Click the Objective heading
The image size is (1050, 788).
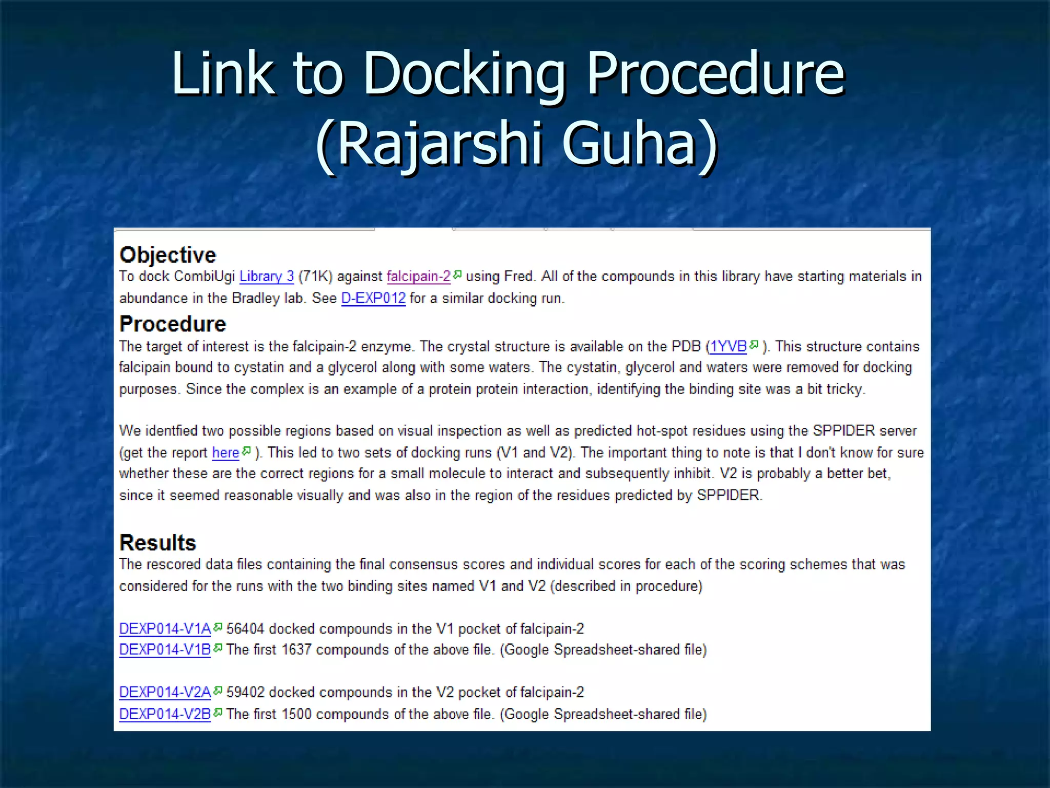168,255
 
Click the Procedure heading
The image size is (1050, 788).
172,324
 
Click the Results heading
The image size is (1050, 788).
157,543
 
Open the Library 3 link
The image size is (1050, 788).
267,277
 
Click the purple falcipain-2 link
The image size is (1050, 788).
418,277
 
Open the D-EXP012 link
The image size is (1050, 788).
373,298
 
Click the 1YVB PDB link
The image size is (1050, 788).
728,347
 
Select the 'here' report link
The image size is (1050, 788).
226,452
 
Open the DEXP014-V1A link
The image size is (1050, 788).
165,628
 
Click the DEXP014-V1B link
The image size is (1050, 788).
165,649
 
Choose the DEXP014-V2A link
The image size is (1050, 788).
165,693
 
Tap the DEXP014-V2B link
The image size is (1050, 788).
165,714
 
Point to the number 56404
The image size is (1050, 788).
245,628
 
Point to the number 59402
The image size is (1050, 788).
245,693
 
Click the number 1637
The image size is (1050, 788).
296,649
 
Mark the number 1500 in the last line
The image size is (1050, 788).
296,714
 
